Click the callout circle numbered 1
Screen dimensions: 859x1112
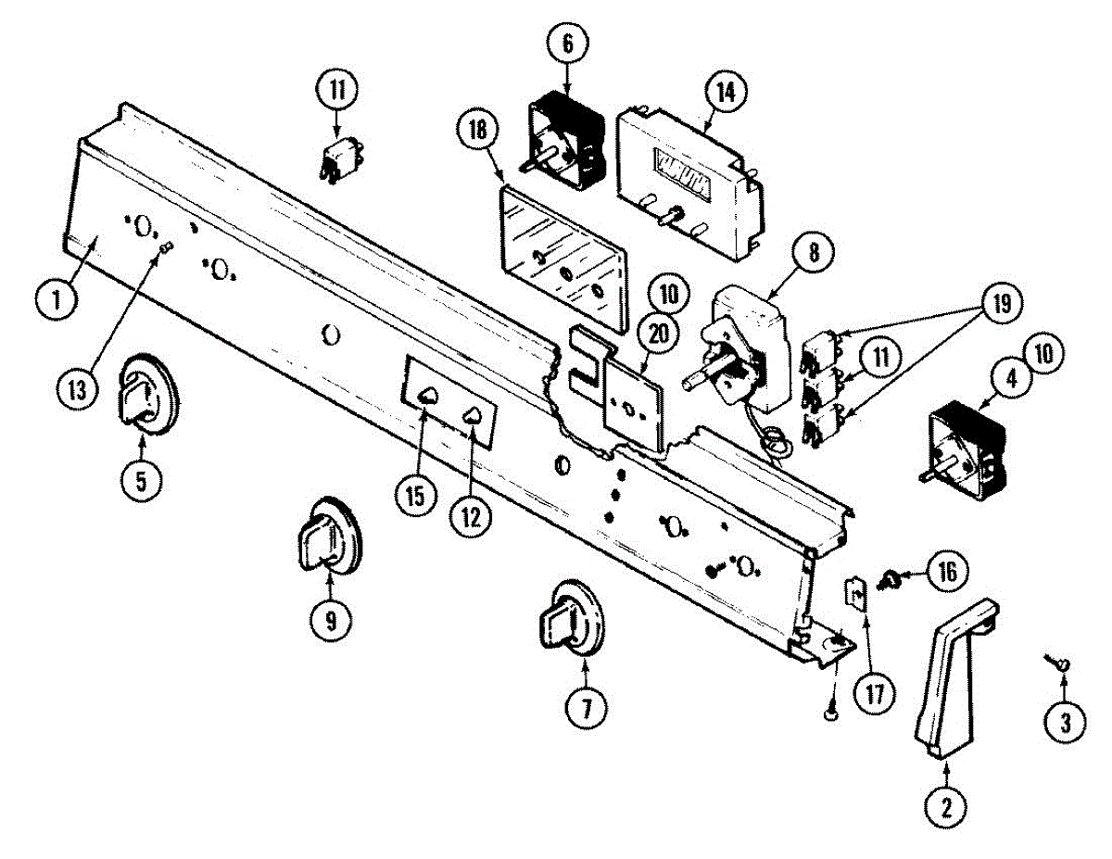click(x=57, y=299)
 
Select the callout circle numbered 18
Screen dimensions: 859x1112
click(x=477, y=133)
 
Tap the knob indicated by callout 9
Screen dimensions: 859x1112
click(x=328, y=537)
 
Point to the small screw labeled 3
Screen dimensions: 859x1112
click(x=1059, y=662)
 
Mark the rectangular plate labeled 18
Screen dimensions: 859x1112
click(x=560, y=255)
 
